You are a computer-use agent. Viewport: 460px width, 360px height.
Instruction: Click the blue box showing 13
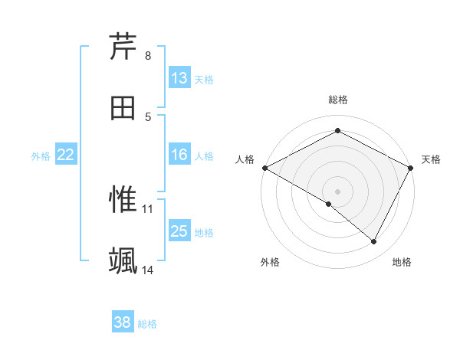[179, 78]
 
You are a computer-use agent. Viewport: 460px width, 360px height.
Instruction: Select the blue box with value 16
[179, 155]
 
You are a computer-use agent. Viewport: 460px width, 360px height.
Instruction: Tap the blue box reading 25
[179, 231]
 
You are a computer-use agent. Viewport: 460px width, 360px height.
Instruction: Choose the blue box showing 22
[66, 155]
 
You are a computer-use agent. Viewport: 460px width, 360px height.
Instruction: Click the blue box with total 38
[123, 323]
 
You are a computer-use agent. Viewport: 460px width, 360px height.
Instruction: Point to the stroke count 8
[148, 56]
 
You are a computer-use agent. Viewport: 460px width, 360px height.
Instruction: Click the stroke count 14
[148, 270]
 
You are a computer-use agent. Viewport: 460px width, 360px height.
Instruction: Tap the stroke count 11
[148, 208]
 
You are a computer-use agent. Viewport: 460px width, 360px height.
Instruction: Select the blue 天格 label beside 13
[204, 79]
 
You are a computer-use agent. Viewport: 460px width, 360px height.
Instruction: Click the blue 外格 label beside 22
[41, 156]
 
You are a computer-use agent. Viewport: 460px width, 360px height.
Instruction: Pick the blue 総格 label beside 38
[147, 324]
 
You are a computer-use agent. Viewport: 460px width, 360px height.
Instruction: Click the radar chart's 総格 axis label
[337, 100]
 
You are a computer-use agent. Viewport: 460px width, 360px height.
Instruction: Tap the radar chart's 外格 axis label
[270, 262]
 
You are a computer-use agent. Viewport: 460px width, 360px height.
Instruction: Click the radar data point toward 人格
[264, 167]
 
